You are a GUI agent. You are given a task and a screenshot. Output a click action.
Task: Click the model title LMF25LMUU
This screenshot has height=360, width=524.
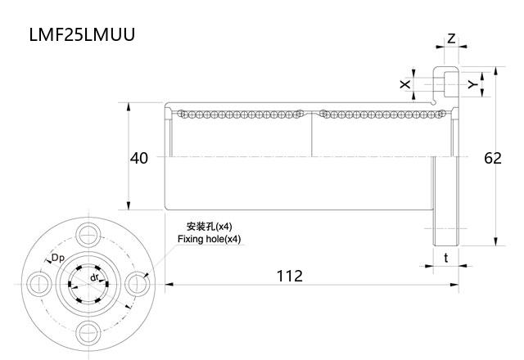pos(81,36)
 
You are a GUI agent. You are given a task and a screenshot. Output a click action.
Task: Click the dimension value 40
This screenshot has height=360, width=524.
pos(139,158)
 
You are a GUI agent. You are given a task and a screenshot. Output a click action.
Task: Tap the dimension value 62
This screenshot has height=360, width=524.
pos(492,158)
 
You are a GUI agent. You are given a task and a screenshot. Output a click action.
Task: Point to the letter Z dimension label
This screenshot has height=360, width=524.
pos(451,39)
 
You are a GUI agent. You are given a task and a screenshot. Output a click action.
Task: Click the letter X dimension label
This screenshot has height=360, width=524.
pos(404,84)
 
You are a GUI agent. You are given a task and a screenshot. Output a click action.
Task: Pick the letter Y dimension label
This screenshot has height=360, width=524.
pos(471,84)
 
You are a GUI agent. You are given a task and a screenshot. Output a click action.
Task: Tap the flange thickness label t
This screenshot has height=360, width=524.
pos(445,258)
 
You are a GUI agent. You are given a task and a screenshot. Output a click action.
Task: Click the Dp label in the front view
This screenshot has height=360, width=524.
pos(58,259)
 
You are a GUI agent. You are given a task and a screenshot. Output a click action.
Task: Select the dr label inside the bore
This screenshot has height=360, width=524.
pos(95,277)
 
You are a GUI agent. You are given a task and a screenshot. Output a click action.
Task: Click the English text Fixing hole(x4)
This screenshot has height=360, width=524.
pos(210,239)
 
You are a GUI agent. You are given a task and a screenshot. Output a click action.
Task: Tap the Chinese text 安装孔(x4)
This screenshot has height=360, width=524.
pos(210,227)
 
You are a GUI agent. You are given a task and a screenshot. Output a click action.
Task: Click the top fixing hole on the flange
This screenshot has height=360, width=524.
pos(88,233)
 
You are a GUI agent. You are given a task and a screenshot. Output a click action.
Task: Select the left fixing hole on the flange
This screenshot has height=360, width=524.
pos(38,283)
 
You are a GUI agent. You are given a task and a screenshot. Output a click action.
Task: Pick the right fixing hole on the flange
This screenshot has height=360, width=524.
pos(138,283)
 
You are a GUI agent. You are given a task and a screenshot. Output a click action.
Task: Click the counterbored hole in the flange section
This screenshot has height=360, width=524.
pos(445,82)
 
